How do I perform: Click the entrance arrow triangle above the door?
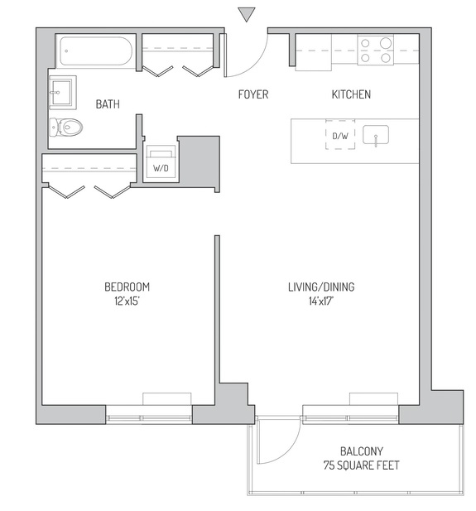(x=247, y=14)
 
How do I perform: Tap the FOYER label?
(x=253, y=94)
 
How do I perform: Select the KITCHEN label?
(x=351, y=94)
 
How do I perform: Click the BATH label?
(x=108, y=104)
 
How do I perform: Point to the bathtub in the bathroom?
(x=96, y=51)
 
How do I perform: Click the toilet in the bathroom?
(x=66, y=127)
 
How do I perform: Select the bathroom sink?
(x=63, y=93)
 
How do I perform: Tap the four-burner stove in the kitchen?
(x=375, y=51)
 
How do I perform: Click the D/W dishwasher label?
(x=340, y=136)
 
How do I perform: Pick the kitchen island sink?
(x=376, y=135)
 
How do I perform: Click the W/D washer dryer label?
(x=161, y=168)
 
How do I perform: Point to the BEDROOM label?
(x=127, y=287)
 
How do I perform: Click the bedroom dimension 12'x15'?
(x=127, y=301)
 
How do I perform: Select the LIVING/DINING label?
(x=321, y=287)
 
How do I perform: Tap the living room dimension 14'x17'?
(x=321, y=301)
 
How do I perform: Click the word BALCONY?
(x=362, y=451)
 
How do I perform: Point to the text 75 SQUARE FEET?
(x=362, y=465)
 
